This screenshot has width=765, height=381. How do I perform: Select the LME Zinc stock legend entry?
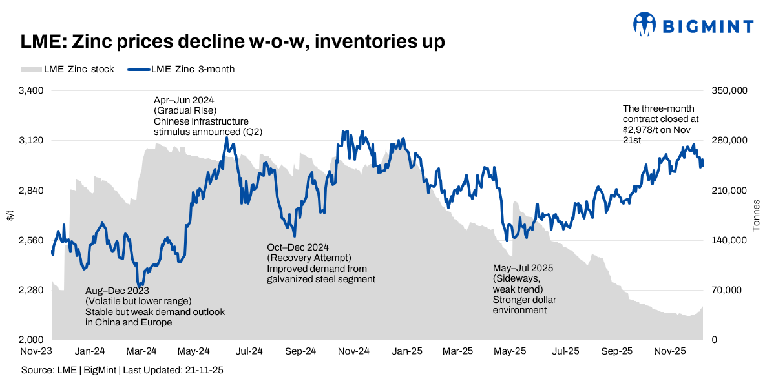click(68, 69)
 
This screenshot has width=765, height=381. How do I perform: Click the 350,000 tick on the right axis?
click(729, 90)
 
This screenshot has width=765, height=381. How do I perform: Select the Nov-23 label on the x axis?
click(36, 352)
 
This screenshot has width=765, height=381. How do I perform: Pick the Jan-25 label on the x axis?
click(407, 352)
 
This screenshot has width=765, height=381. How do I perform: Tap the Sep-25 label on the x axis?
click(617, 352)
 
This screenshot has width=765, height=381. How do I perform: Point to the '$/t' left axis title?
click(10, 215)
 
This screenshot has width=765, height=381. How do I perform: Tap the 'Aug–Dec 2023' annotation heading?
click(116, 291)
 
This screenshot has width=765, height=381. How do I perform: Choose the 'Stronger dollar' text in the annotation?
click(524, 300)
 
